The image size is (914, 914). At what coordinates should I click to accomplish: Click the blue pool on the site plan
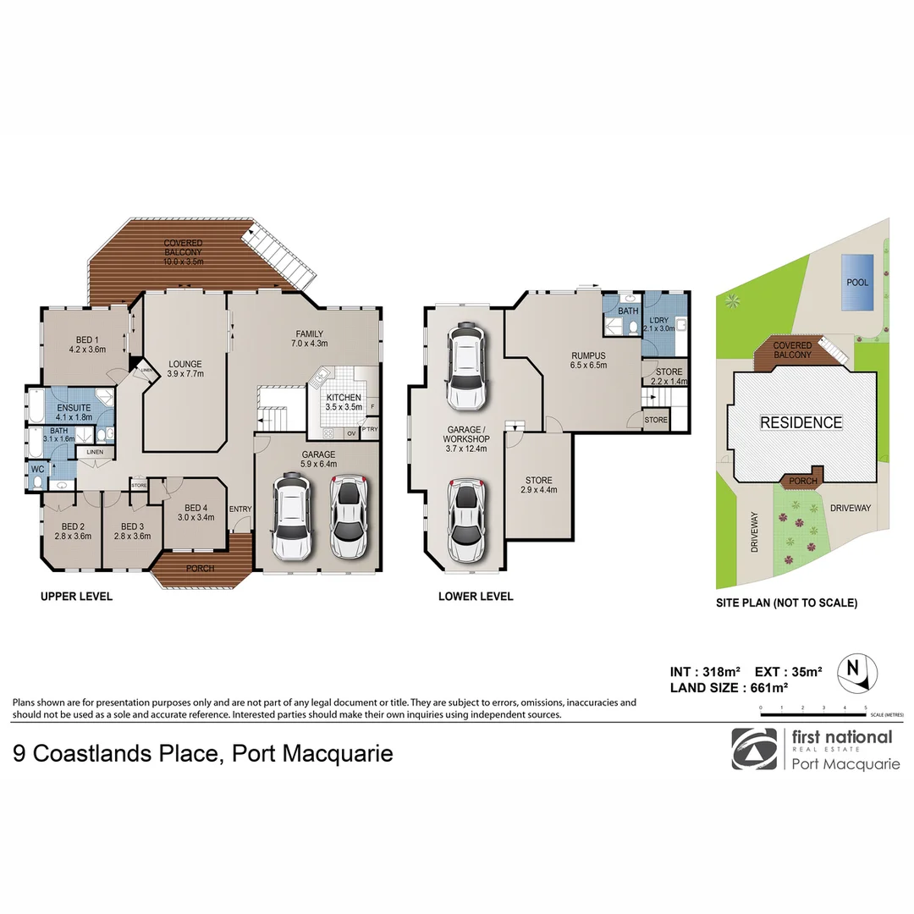858,282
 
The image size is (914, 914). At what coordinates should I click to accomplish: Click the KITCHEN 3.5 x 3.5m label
344,402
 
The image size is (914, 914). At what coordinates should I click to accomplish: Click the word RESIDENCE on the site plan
801,422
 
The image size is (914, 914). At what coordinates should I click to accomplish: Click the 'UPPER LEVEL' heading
76,597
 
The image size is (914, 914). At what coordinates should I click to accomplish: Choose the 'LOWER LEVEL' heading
476,597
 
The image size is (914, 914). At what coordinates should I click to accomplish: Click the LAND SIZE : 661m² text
729,687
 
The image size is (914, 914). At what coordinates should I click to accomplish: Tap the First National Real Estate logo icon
753,749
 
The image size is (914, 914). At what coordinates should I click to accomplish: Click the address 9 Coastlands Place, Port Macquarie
203,752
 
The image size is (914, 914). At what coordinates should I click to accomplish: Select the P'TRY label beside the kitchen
369,429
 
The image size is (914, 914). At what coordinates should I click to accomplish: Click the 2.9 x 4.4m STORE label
538,485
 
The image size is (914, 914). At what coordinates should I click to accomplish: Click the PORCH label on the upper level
201,568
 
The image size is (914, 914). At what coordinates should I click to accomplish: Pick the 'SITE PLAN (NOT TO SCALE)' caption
786,603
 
